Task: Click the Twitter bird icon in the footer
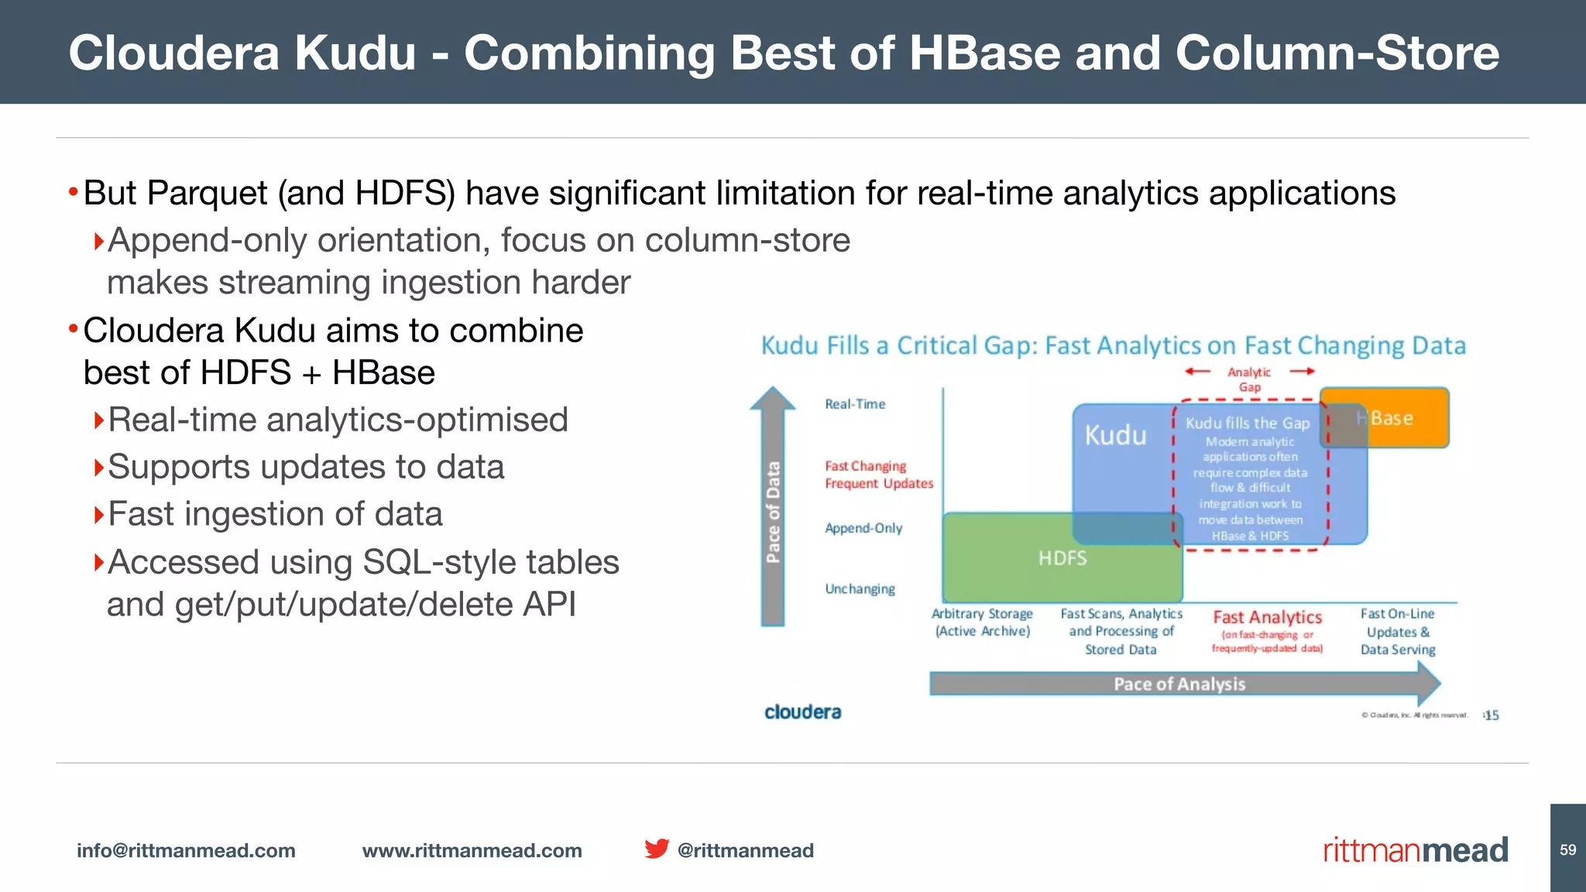pos(657,849)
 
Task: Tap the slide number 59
pos(1567,850)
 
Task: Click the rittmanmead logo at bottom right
pos(1415,850)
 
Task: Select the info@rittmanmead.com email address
pos(186,851)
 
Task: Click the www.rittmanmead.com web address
pos(472,851)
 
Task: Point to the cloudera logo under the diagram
pos(802,712)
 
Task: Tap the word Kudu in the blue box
pos(1115,436)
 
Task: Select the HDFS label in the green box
pos(1062,558)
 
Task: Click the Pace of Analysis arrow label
pos(1179,684)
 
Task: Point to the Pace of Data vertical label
pos(773,511)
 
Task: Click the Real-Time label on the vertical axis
pos(855,404)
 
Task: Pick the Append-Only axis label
pos(863,528)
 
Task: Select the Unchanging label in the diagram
pos(860,589)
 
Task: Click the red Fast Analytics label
pos(1267,618)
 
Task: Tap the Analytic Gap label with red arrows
pos(1249,379)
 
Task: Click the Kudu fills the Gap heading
pos(1248,424)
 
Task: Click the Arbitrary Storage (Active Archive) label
pos(982,623)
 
